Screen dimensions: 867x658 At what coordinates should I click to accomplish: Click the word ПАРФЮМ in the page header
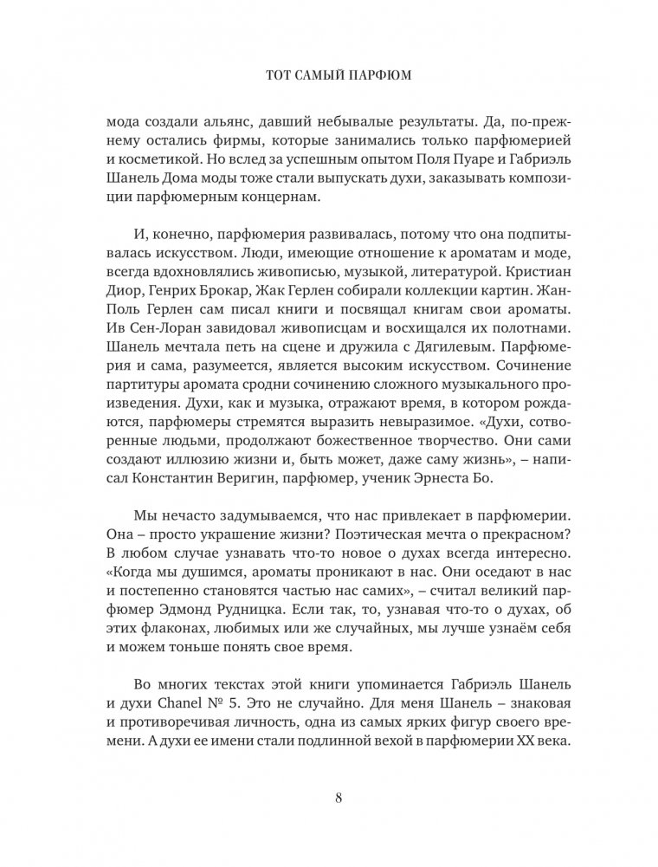[374, 76]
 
